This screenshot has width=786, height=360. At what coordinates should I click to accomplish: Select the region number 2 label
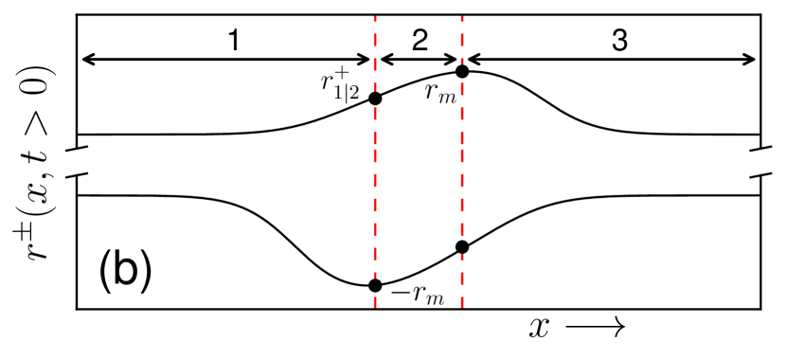click(x=419, y=40)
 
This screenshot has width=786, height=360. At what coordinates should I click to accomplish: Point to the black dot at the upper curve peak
click(x=462, y=71)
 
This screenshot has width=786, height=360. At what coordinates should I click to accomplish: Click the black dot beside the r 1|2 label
click(x=375, y=98)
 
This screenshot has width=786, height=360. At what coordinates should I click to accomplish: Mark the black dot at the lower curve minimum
click(x=375, y=285)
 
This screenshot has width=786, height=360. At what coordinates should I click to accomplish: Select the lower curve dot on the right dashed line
click(x=462, y=247)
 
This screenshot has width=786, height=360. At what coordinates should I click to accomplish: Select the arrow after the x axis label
click(x=595, y=328)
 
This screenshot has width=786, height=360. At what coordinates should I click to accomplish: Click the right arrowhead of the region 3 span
click(x=754, y=60)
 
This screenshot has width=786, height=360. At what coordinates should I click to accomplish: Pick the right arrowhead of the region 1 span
click(x=367, y=60)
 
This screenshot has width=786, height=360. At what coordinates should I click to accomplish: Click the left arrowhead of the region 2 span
click(x=383, y=60)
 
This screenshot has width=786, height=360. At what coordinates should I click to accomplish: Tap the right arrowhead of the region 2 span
click(x=455, y=60)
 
